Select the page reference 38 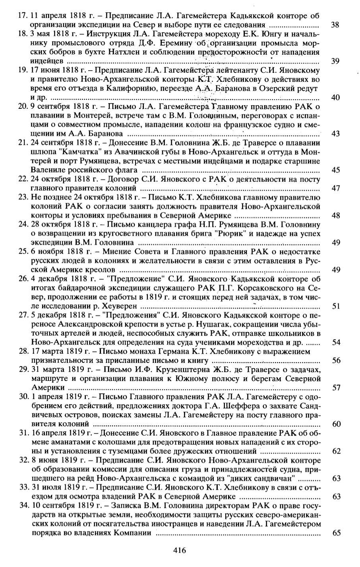coord(335,25)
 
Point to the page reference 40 coord(335,97)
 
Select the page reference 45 coord(335,170)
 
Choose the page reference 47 coord(335,188)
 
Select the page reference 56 coord(335,361)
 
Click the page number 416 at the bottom coord(180,550)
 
